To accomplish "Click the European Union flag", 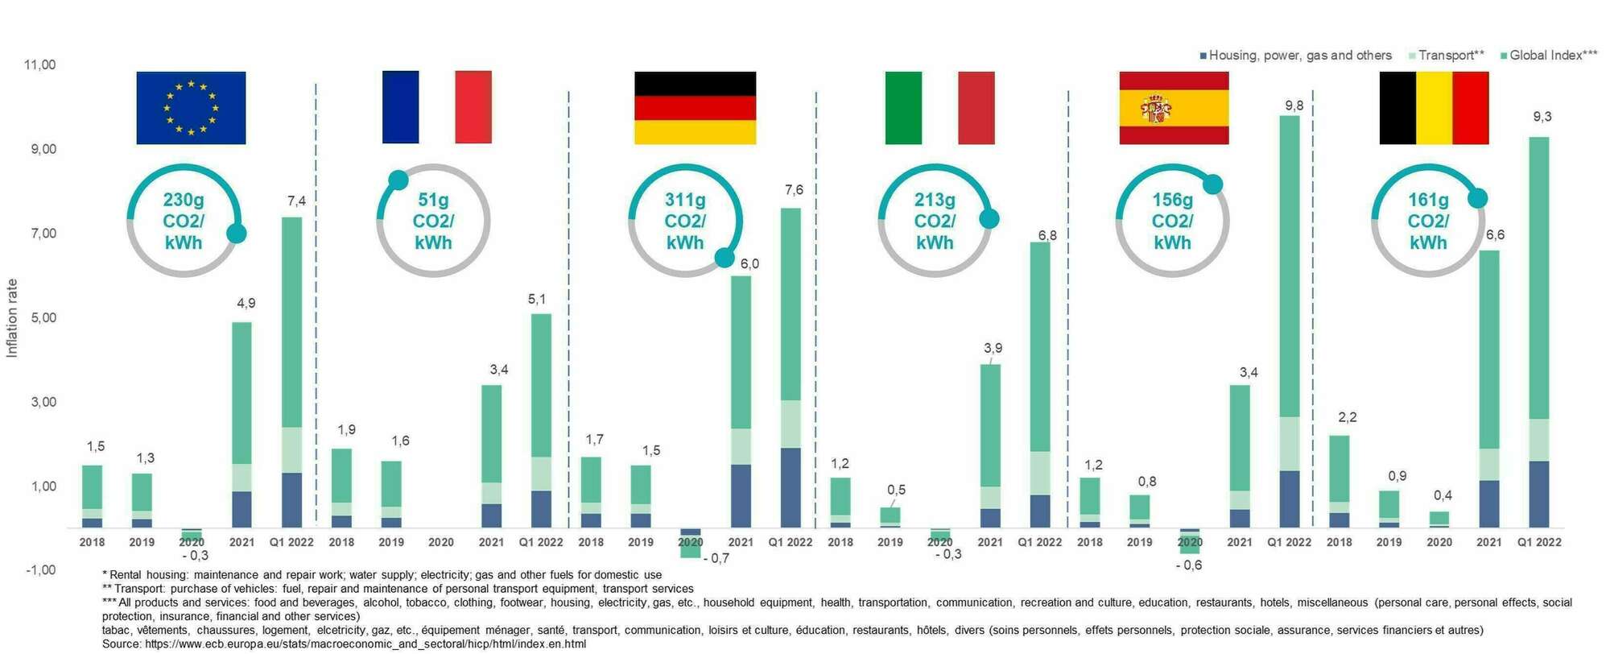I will pyautogui.click(x=191, y=108).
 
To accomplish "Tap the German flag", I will pyautogui.click(x=695, y=108).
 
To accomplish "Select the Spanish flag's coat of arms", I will pyautogui.click(x=1155, y=108).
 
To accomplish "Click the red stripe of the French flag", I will pyautogui.click(x=473, y=107).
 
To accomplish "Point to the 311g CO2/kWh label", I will pyautogui.click(x=685, y=221).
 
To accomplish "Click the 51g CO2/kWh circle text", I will pyautogui.click(x=433, y=221).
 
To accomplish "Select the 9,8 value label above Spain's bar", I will pyautogui.click(x=1294, y=106).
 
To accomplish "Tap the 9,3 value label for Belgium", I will pyautogui.click(x=1542, y=117).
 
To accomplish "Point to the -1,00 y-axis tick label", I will pyautogui.click(x=41, y=570).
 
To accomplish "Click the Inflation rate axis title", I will pyautogui.click(x=12, y=318).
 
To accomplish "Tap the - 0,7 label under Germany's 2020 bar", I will pyautogui.click(x=715, y=558).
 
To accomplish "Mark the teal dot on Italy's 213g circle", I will pyautogui.click(x=989, y=218).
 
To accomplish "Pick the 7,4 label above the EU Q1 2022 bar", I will pyautogui.click(x=296, y=201).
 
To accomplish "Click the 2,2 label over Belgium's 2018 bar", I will pyautogui.click(x=1347, y=417).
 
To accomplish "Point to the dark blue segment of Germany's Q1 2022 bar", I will pyautogui.click(x=791, y=487).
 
